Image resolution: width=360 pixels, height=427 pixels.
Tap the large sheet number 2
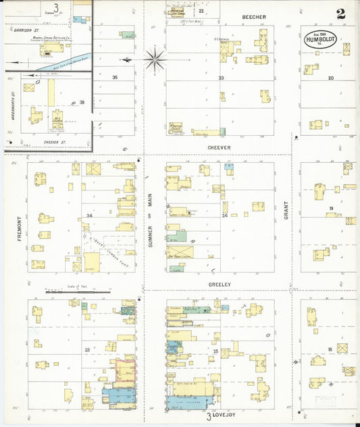click(x=342, y=14)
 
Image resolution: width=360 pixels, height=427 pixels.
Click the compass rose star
click(x=155, y=59)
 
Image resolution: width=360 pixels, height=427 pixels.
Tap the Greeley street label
click(x=220, y=284)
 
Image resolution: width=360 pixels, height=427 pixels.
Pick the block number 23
click(x=221, y=78)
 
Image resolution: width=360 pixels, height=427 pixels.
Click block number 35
click(x=115, y=78)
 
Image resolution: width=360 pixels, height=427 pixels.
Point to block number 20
click(x=331, y=78)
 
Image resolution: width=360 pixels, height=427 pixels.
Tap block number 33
click(x=87, y=350)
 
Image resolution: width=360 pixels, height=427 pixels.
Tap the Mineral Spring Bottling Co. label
click(x=51, y=38)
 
